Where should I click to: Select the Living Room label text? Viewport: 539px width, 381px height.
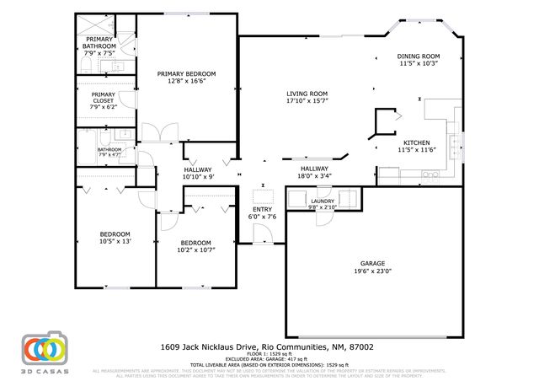[x=307, y=94]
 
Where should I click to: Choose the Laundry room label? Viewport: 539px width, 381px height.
[x=323, y=201]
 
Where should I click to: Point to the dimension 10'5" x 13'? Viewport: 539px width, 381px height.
[x=115, y=241]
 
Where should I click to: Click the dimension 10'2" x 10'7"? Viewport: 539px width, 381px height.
[x=196, y=250]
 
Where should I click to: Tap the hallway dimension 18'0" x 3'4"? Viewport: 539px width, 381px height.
[x=314, y=176]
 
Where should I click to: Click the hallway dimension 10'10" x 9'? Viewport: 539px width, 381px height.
[x=200, y=176]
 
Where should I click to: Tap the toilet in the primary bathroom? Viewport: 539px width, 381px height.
[x=88, y=66]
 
